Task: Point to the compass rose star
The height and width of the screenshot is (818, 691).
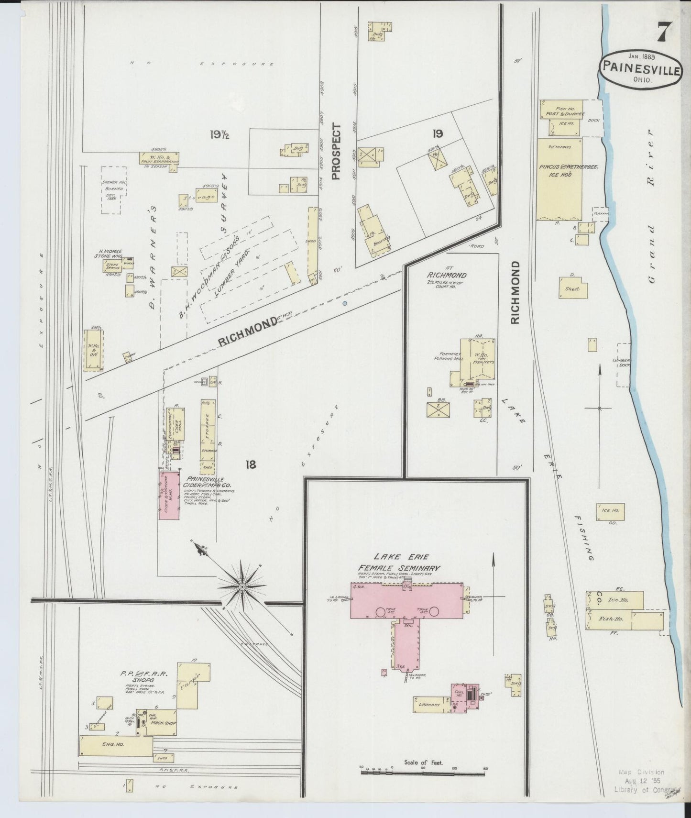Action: pos(242,586)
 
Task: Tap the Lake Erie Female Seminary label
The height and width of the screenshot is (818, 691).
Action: pos(399,563)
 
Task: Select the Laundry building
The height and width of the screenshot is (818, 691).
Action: pos(429,705)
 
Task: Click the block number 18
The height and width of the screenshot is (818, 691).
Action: pos(251,464)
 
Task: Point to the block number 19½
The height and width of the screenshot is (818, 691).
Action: pos(219,135)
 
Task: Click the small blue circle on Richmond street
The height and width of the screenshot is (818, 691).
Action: pos(345,303)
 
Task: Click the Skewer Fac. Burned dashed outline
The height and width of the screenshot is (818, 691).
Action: pos(113,189)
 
